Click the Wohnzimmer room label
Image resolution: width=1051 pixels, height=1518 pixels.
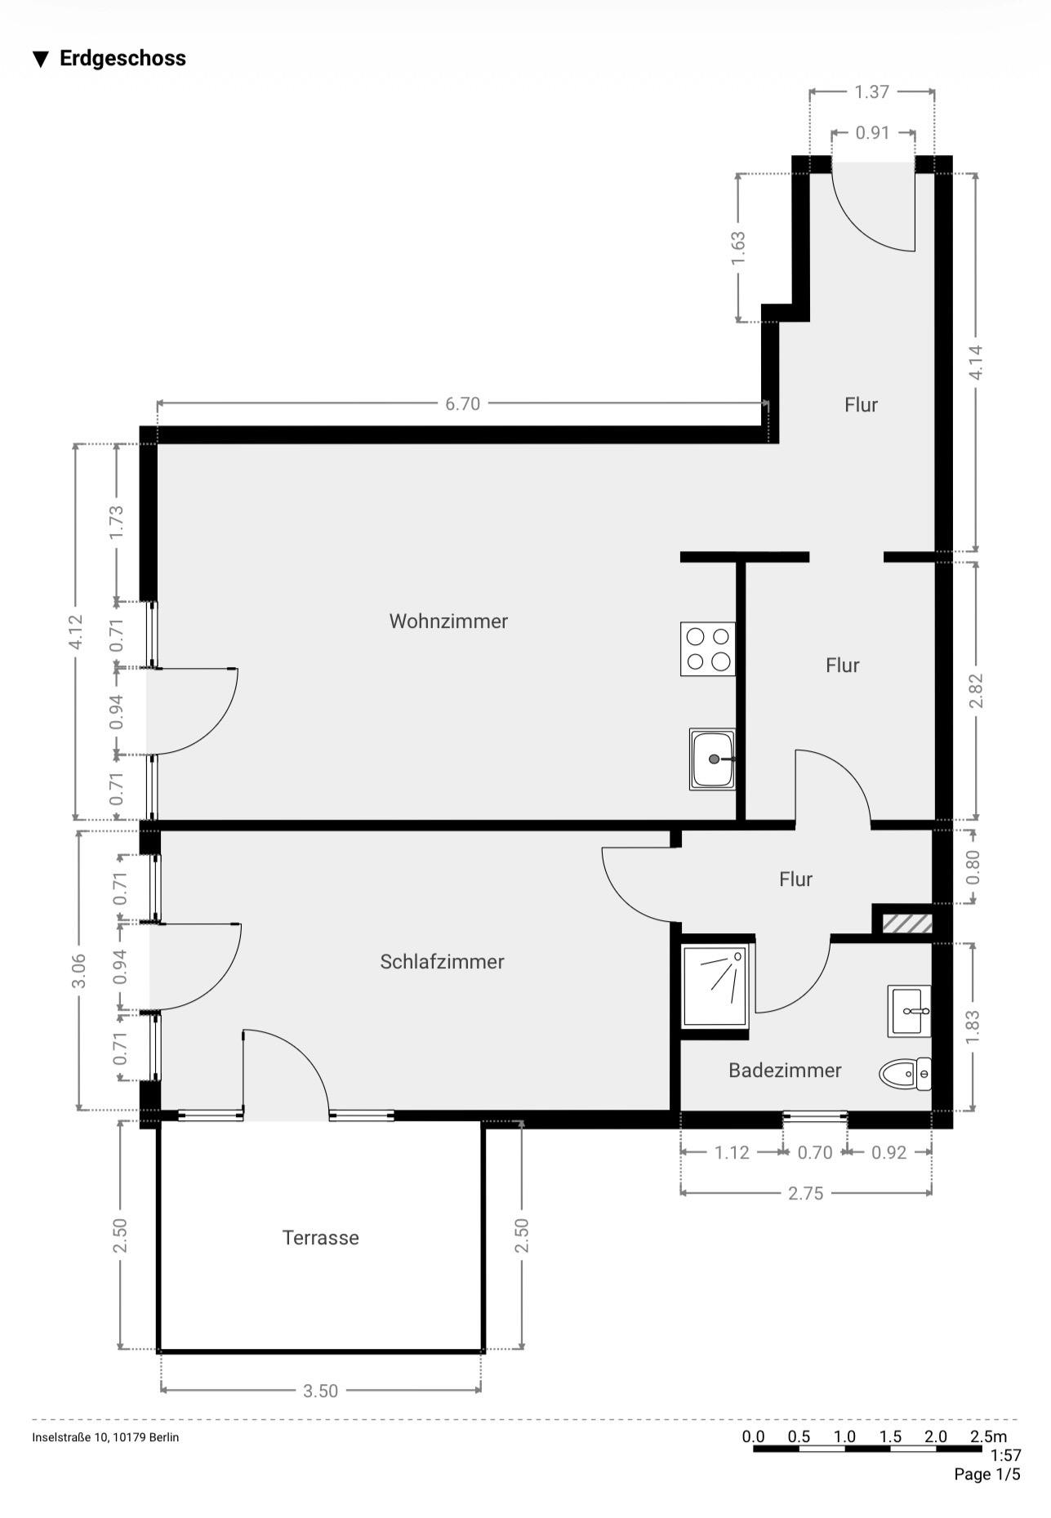(x=448, y=621)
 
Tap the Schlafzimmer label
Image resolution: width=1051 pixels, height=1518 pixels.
(x=442, y=962)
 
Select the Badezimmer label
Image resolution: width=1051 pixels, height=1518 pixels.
(x=785, y=1071)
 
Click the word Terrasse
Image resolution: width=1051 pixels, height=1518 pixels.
(x=320, y=1238)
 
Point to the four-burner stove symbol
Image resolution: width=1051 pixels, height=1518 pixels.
(x=707, y=649)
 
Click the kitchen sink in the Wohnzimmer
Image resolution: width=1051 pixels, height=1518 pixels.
(x=712, y=759)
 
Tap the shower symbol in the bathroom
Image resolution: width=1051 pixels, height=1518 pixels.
(x=715, y=986)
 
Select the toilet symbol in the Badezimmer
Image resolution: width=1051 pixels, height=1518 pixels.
(x=905, y=1074)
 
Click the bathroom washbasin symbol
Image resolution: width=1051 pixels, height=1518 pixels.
(x=909, y=1011)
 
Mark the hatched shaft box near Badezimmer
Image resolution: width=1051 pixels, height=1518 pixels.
(x=906, y=924)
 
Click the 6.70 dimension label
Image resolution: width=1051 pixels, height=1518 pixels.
(x=462, y=404)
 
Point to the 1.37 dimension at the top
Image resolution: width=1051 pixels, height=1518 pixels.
(x=871, y=91)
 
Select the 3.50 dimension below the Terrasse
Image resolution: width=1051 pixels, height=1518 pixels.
(x=320, y=1391)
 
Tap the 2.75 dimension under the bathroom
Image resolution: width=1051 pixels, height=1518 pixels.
(x=805, y=1194)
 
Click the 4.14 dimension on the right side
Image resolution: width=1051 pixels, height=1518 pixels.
(x=976, y=362)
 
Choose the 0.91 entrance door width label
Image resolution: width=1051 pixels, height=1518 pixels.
(x=872, y=132)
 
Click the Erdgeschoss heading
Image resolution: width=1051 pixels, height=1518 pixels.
(x=122, y=59)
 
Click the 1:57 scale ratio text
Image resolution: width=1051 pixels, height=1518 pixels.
(x=1005, y=1455)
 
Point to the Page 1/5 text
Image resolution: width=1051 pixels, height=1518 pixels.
(x=986, y=1474)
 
